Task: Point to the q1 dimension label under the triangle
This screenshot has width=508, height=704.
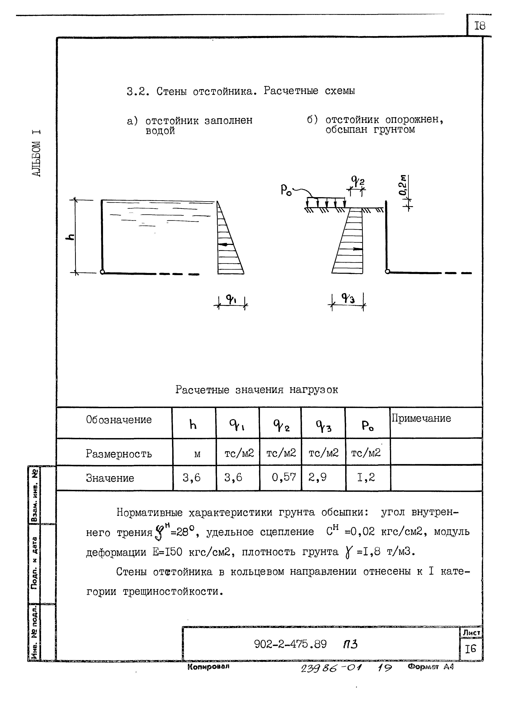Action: click(x=231, y=299)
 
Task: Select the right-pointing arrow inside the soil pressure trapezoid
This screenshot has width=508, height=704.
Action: click(x=357, y=248)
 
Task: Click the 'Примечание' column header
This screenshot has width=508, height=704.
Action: click(x=421, y=418)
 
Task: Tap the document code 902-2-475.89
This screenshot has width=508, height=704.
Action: click(x=290, y=644)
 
